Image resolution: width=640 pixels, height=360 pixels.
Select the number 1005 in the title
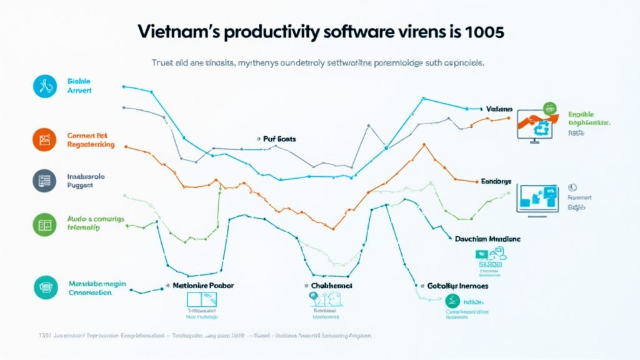click(x=481, y=33)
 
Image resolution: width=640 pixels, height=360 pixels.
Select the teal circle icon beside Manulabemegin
click(x=44, y=287)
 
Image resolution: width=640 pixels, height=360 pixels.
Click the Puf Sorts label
click(x=279, y=139)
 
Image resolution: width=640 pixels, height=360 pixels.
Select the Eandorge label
click(x=496, y=181)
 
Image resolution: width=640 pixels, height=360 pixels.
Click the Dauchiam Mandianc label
click(x=487, y=239)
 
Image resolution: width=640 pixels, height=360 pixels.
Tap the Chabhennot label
click(x=331, y=285)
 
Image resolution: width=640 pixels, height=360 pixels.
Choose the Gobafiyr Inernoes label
click(x=457, y=286)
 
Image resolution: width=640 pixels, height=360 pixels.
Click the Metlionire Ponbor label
click(x=202, y=285)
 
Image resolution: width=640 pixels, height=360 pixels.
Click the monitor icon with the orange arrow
click(x=536, y=121)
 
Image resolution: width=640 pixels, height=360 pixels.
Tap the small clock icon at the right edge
click(x=571, y=187)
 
